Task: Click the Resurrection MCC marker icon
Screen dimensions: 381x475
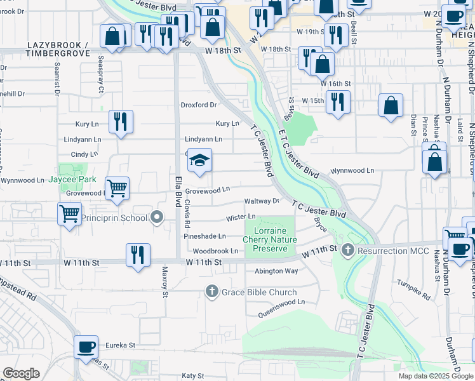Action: coord(347,251)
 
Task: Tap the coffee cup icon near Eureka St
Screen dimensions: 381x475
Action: coord(86,347)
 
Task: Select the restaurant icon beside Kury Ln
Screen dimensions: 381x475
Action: coord(120,121)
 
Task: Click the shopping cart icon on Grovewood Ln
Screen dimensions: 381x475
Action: coord(117,188)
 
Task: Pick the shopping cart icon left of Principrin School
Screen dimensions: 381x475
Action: coord(69,213)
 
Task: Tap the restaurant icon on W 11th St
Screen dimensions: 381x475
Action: coord(138,255)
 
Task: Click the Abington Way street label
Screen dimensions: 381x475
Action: coord(276,271)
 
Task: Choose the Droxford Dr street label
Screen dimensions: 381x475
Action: coord(199,105)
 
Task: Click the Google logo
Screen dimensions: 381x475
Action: coord(21,373)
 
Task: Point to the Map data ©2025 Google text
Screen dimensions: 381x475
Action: coord(436,376)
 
